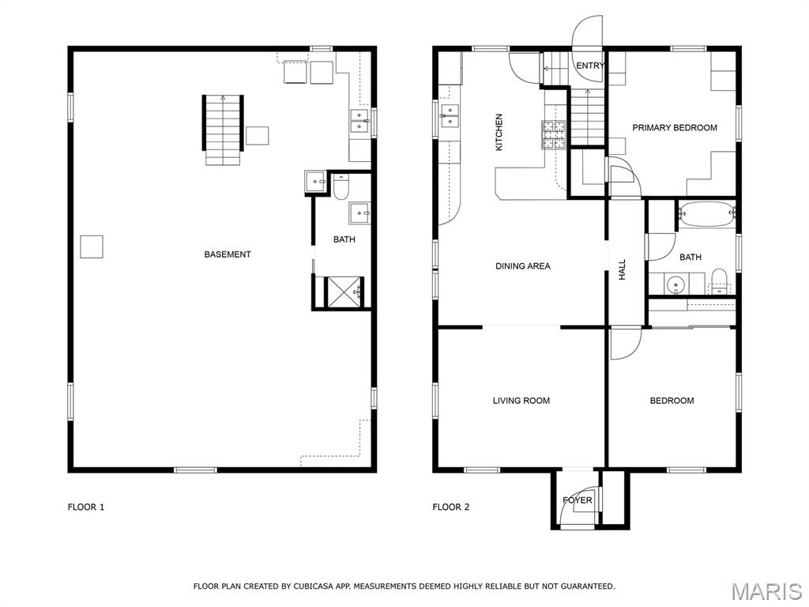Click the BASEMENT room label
pyautogui.click(x=228, y=254)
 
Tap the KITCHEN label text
pyautogui.click(x=499, y=132)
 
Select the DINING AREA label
pyautogui.click(x=523, y=266)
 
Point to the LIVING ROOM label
pyautogui.click(x=521, y=401)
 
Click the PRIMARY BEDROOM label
pyautogui.click(x=675, y=128)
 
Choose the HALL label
pyautogui.click(x=623, y=270)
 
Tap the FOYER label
pyautogui.click(x=578, y=500)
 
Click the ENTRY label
pyautogui.click(x=590, y=66)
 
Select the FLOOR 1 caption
pyautogui.click(x=86, y=507)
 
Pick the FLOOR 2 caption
pyautogui.click(x=451, y=507)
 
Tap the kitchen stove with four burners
pyautogui.click(x=553, y=134)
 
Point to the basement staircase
pyautogui.click(x=223, y=130)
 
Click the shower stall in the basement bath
pyautogui.click(x=344, y=292)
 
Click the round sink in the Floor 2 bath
pyautogui.click(x=675, y=285)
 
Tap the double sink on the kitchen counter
pyautogui.click(x=450, y=116)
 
